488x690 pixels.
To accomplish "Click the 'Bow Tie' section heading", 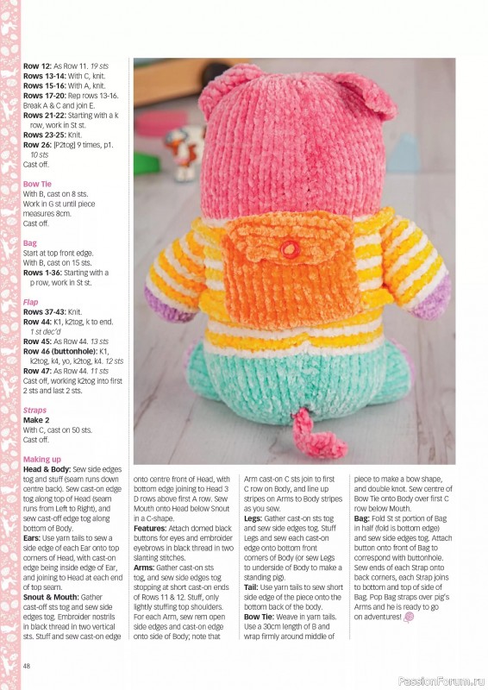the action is [x=37, y=184].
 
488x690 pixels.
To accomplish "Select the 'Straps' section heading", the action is [x=35, y=411].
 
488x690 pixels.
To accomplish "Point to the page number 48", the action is [x=28, y=665].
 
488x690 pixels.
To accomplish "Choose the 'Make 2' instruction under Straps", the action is [x=39, y=420].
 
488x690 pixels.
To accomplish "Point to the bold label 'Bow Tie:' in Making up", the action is [x=262, y=616].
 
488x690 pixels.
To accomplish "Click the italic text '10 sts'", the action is [x=40, y=154].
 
